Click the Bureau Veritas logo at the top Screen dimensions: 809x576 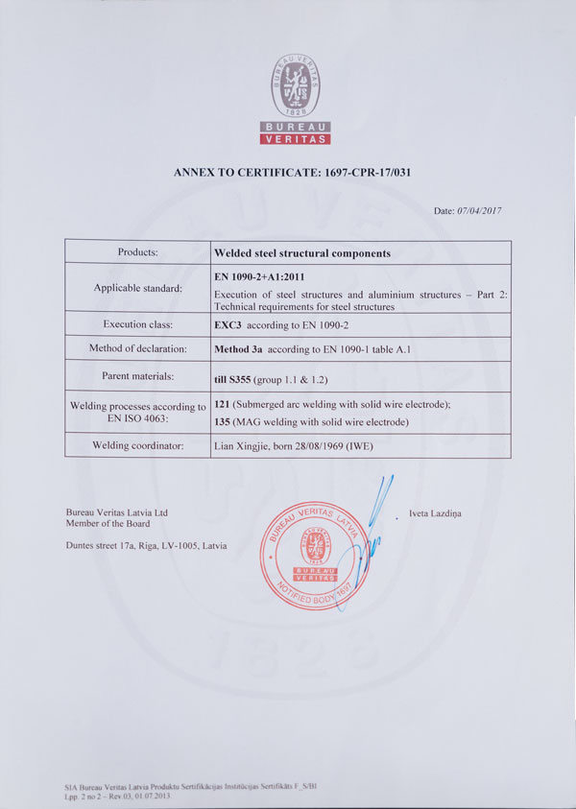[297, 100]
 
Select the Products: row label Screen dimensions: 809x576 [137, 252]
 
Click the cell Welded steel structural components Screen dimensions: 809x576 [301, 253]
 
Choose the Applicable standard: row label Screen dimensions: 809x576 [137, 288]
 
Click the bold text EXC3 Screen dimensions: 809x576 [227, 324]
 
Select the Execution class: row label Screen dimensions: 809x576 [137, 324]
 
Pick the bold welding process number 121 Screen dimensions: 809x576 [222, 406]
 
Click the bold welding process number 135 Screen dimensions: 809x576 [222, 422]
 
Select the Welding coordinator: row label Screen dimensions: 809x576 [137, 445]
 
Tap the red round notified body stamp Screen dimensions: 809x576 [314, 555]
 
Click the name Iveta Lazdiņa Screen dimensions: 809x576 [435, 513]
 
